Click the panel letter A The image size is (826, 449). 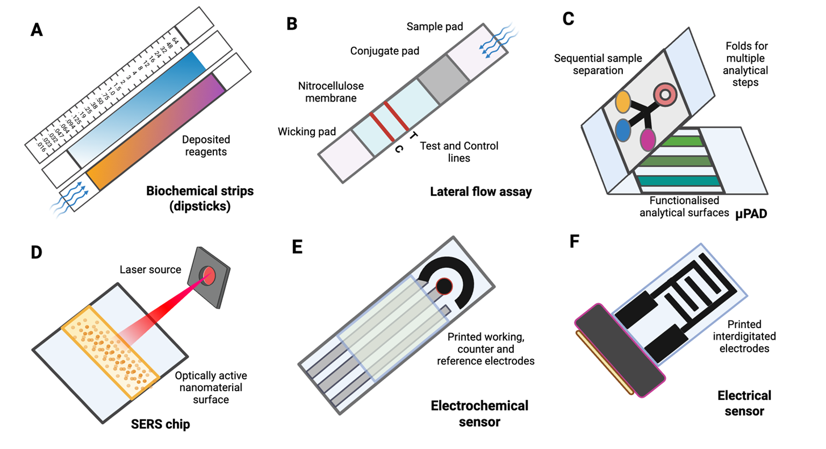click(37, 30)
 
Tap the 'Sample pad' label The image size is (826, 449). click(434, 26)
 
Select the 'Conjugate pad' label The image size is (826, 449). click(384, 51)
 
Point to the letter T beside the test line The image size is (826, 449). click(412, 135)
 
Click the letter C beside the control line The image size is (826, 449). click(399, 149)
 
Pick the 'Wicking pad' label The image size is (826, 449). click(306, 132)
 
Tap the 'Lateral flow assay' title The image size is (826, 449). click(480, 191)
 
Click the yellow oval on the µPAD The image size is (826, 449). click(622, 102)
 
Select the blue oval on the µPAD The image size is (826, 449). click(622, 130)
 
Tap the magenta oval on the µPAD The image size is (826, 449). click(648, 139)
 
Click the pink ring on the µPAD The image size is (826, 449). click(665, 95)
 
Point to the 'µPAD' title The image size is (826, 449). click(751, 213)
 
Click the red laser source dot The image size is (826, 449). click(209, 276)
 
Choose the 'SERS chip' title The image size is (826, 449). click(160, 424)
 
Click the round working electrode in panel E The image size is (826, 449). click(444, 287)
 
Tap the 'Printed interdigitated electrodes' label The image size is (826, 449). click(744, 336)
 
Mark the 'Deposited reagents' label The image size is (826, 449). click(206, 146)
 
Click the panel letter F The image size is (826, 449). click(574, 241)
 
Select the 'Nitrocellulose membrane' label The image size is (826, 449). click(331, 92)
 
